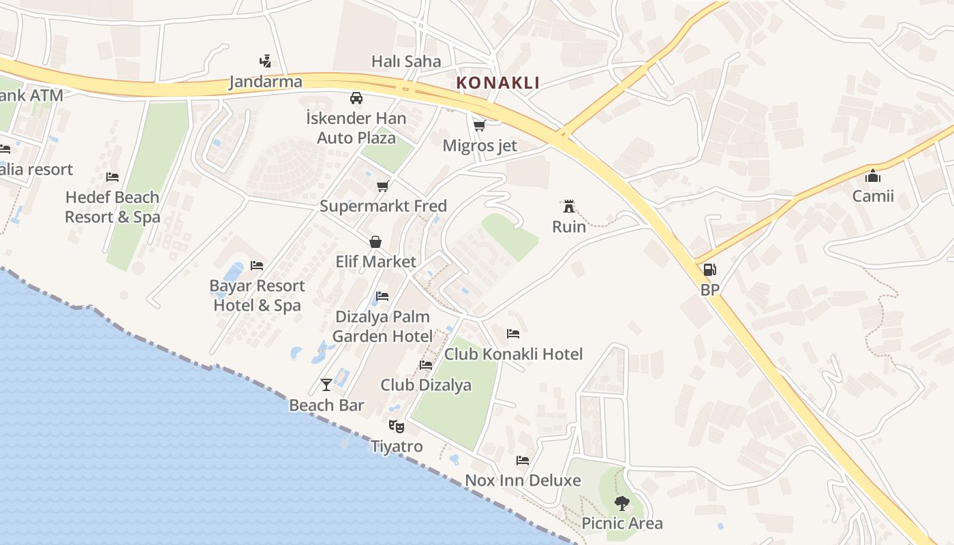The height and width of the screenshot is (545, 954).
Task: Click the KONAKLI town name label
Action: (497, 83)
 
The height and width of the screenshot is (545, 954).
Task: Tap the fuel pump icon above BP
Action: (709, 269)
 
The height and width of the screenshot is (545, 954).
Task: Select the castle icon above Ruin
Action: (568, 206)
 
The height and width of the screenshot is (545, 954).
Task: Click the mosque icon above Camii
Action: (873, 176)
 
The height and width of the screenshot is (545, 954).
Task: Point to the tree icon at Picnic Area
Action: (621, 503)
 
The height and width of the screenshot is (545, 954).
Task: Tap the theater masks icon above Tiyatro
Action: (396, 426)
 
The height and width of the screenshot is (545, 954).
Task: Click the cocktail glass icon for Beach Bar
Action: (326, 385)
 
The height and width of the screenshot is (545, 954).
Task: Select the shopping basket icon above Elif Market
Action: (375, 241)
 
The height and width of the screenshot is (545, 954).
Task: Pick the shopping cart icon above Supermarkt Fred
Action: (383, 186)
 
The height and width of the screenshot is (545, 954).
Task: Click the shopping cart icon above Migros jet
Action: (480, 125)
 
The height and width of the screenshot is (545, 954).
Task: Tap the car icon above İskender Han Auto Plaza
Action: (356, 98)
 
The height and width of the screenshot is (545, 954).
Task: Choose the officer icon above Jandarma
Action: (265, 61)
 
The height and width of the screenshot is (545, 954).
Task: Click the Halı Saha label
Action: (406, 61)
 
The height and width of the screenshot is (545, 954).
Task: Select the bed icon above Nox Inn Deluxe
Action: (523, 461)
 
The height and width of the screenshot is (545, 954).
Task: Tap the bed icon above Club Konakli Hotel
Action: (513, 334)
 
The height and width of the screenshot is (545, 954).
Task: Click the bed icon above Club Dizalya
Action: (426, 365)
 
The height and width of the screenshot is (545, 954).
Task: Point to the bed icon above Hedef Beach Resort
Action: (112, 177)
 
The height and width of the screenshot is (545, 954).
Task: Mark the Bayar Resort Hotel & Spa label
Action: (257, 296)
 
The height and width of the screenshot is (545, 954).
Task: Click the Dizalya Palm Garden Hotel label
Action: (382, 326)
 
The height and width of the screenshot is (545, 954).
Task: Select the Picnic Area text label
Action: (621, 523)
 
